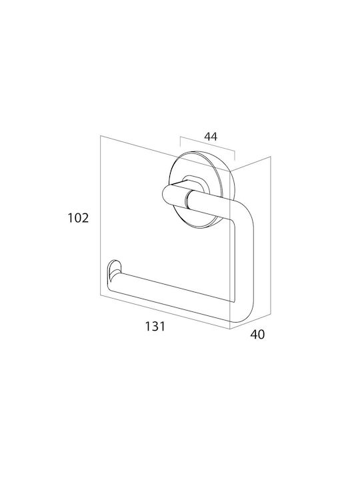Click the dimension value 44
click(211, 137)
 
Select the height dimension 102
click(78, 218)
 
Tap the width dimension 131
click(155, 326)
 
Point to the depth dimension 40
click(257, 335)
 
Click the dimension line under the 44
click(207, 144)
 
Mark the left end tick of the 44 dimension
click(180, 142)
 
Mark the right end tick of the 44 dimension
click(235, 155)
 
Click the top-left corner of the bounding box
click(101, 136)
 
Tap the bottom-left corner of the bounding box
click(101, 296)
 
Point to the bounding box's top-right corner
click(271, 157)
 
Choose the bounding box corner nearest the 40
click(229, 329)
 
